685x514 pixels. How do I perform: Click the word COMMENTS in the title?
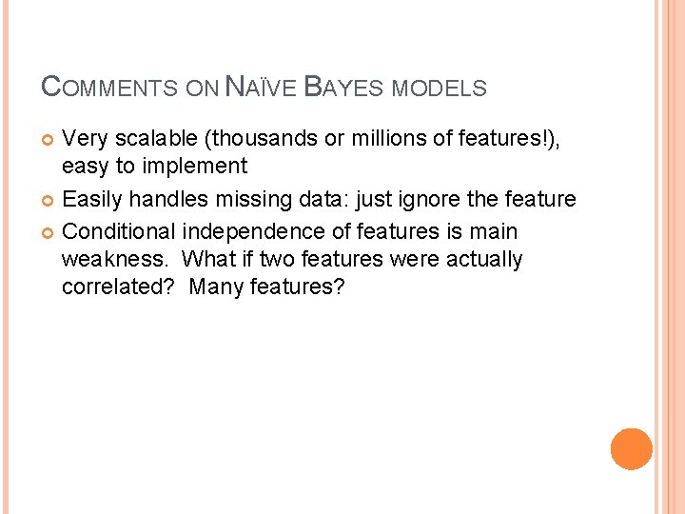(109, 88)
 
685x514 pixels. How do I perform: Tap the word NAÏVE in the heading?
(259, 88)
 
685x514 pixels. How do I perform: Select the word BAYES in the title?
(344, 88)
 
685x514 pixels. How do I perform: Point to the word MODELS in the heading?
(439, 89)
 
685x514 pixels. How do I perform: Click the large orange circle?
(632, 448)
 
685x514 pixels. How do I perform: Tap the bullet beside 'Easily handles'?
(49, 201)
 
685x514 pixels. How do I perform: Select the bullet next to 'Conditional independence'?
(49, 231)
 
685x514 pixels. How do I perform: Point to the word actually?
(480, 259)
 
